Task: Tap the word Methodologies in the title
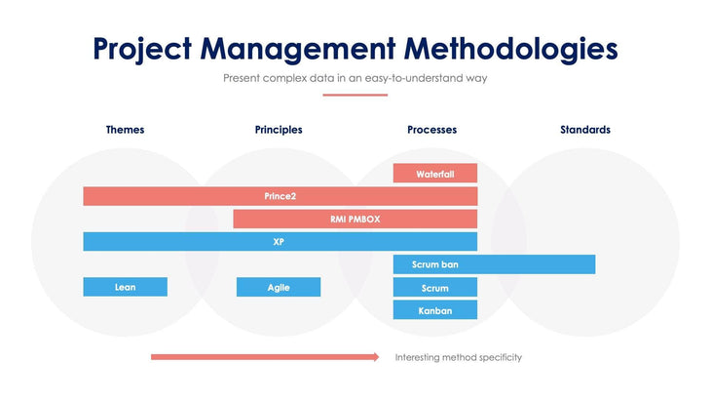[x=511, y=48]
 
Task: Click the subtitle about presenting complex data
[x=355, y=78]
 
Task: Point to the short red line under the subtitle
[x=355, y=95]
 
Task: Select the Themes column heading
[x=125, y=130]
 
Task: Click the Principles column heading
[x=278, y=130]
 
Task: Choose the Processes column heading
[x=431, y=130]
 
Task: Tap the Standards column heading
[x=584, y=130]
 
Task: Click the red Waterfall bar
[x=434, y=174]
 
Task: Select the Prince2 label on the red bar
[x=280, y=196]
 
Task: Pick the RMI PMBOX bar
[x=355, y=219]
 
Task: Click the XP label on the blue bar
[x=279, y=241]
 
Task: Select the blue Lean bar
[x=125, y=287]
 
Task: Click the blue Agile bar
[x=278, y=287]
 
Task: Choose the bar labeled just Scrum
[x=434, y=287]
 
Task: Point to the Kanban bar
[x=434, y=310]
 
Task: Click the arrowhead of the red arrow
[x=375, y=357]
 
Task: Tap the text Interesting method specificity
[x=458, y=357]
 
